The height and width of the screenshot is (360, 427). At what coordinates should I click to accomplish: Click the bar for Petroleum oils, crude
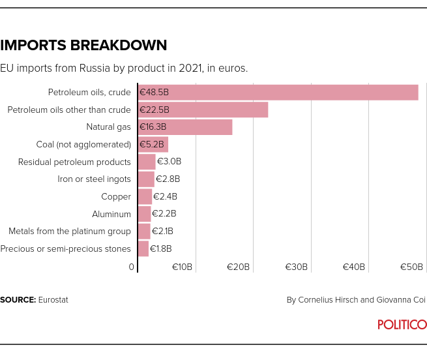[x=278, y=92]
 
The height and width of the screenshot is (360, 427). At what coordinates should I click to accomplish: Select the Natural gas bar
[x=186, y=127]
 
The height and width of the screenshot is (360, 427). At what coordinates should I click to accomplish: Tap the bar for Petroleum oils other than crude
[x=203, y=110]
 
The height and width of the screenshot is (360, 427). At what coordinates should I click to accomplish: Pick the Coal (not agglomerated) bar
[x=153, y=144]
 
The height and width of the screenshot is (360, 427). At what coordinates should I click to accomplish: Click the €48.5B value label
[x=155, y=92]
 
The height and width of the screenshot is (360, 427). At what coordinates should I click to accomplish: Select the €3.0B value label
[x=169, y=162]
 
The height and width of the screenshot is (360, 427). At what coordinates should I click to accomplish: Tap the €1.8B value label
[x=161, y=248]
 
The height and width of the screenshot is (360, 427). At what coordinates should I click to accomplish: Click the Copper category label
[x=116, y=196]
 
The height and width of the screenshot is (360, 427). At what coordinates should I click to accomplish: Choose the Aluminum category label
[x=111, y=214]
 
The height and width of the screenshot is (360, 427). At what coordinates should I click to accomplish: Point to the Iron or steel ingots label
[x=94, y=179]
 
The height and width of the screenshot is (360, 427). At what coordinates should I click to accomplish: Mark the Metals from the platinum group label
[x=70, y=231]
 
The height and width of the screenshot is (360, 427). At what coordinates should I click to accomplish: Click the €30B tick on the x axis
[x=297, y=267]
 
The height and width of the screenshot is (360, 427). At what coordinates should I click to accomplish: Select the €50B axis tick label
[x=411, y=267]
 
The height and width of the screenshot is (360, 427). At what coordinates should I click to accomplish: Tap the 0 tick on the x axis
[x=132, y=267]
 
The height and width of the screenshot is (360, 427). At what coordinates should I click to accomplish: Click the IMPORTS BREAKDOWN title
[x=83, y=46]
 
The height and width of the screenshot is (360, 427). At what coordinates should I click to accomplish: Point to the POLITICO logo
[x=402, y=325]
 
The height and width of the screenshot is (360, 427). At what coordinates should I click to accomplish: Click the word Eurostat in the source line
[x=53, y=300]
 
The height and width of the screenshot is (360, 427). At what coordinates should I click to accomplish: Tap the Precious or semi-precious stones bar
[x=143, y=248]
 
